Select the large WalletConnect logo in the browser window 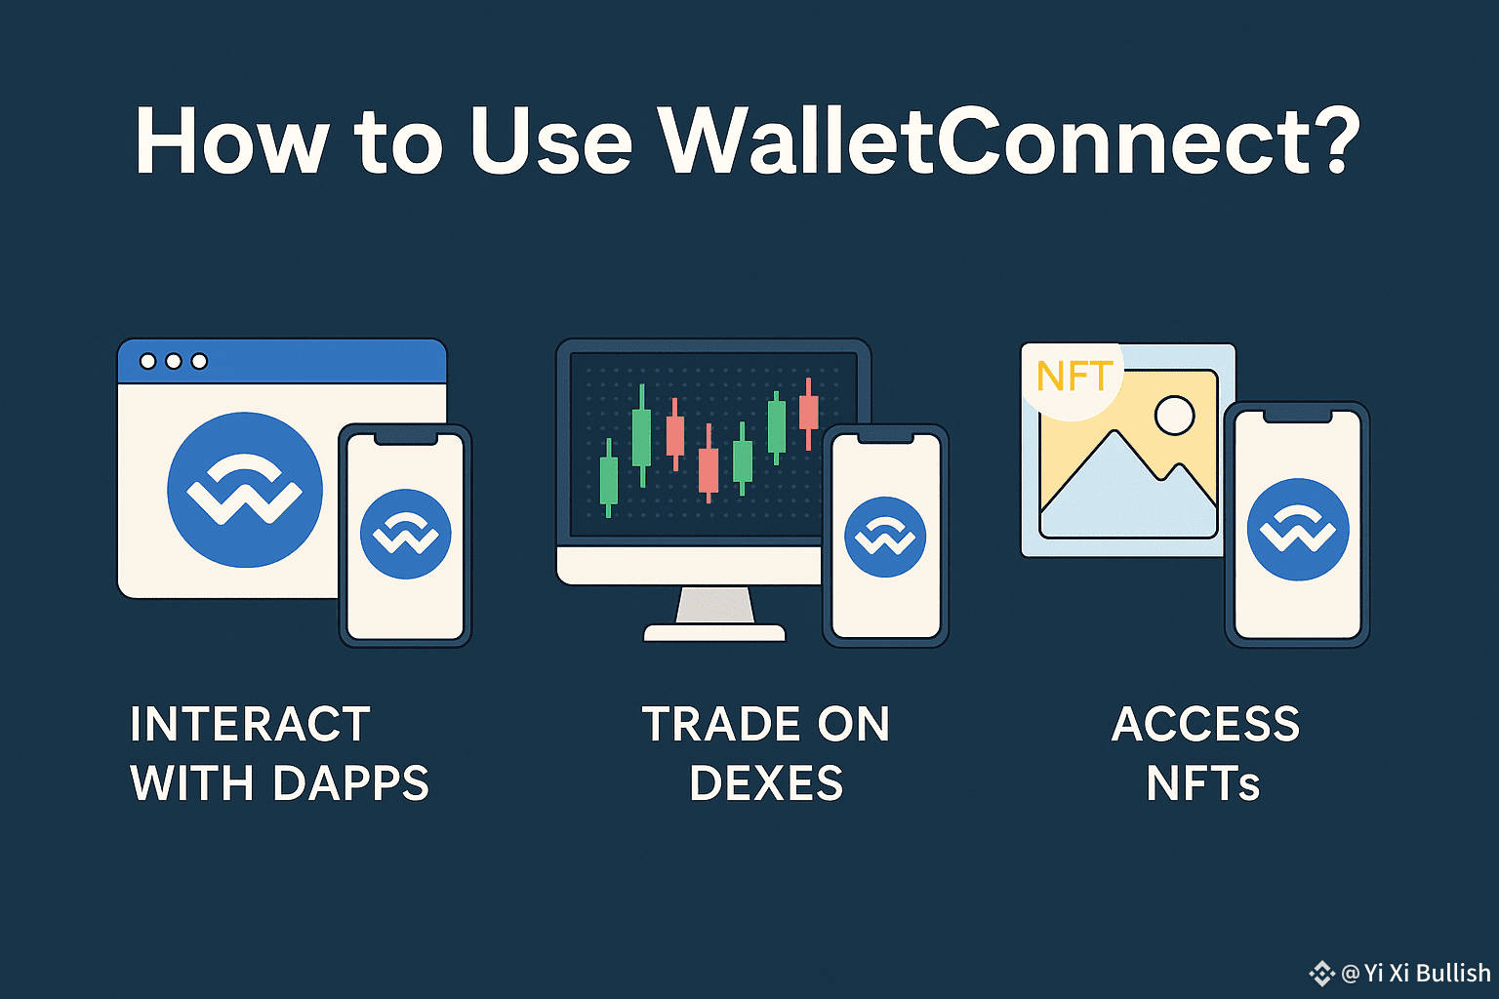point(245,490)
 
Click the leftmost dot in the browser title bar point(148,361)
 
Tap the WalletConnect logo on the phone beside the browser point(406,534)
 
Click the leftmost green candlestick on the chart point(608,478)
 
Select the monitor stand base point(714,632)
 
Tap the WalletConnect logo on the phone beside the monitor point(885,537)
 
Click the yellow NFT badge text point(1074,376)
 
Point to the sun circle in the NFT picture point(1174,416)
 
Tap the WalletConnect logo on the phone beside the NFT point(1298,530)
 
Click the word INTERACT point(250,724)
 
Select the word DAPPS point(351,782)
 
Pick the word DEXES point(766,782)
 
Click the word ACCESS point(1206,724)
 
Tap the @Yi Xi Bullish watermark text point(1416,973)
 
